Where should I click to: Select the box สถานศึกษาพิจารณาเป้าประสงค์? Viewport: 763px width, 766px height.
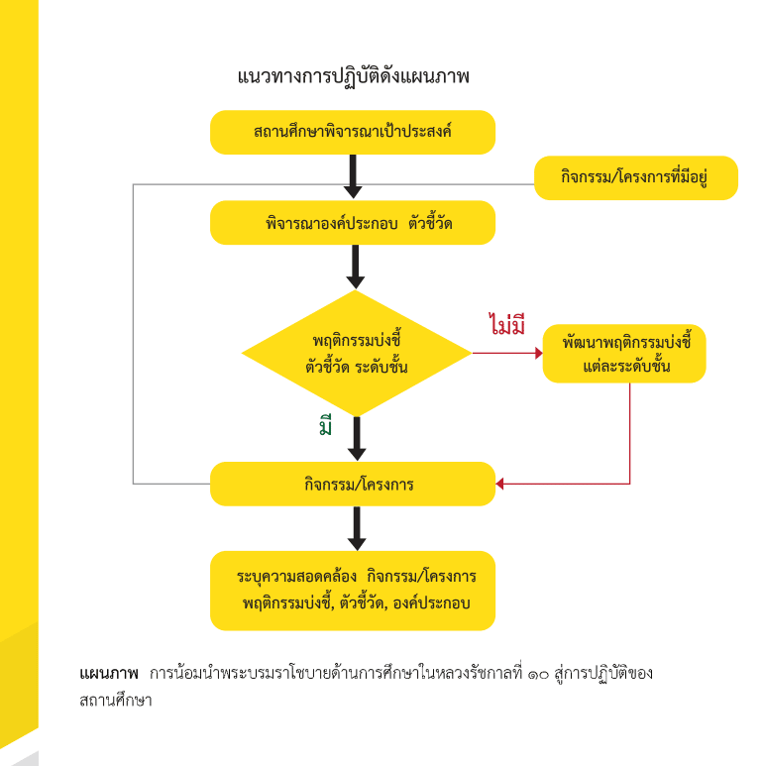pos(352,132)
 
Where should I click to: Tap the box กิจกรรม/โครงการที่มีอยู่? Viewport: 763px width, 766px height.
pos(635,177)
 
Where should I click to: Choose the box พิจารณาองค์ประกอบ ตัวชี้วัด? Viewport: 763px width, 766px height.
pos(352,223)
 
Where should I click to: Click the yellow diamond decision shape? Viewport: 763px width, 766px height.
pos(357,354)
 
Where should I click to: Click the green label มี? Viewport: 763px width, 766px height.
pos(325,427)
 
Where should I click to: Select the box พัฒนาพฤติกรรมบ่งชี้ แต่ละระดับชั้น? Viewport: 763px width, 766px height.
pos(623,354)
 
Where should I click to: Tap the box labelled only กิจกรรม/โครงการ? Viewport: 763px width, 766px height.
pos(352,485)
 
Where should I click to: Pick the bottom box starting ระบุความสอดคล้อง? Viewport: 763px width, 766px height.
pos(352,591)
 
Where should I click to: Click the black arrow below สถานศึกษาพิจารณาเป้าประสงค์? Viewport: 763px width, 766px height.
pos(353,178)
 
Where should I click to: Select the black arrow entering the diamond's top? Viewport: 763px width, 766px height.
pos(357,267)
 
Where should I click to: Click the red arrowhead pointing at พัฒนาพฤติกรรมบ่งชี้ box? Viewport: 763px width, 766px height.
pos(538,353)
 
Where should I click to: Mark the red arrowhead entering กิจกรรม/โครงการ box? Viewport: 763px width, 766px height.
pos(500,485)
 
